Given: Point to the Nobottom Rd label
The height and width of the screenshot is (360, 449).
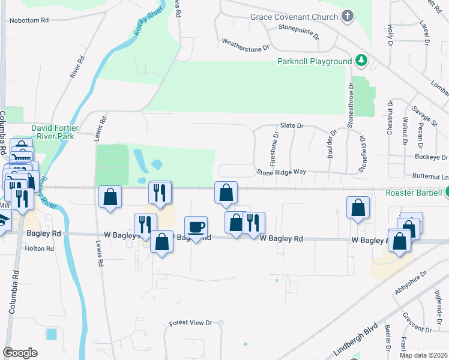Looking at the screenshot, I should point(28,20).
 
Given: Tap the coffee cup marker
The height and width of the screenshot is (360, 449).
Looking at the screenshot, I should point(196,227).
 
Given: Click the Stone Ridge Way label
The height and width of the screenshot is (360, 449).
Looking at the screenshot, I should point(282,172).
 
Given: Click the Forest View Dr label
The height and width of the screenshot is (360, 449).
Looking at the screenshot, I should point(191,323).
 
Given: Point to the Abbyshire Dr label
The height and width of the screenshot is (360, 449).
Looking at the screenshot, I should point(411,283).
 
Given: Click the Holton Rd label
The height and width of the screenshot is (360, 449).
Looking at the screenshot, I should point(39,248).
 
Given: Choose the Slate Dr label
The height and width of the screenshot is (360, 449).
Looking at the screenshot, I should point(292,125).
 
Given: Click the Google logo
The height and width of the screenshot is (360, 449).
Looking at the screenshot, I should point(20,353).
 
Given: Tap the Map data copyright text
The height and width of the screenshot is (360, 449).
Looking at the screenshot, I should point(424,355).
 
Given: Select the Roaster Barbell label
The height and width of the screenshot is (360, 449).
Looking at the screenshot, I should point(413,194).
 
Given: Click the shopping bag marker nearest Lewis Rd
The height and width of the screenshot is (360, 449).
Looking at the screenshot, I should point(110,197).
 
